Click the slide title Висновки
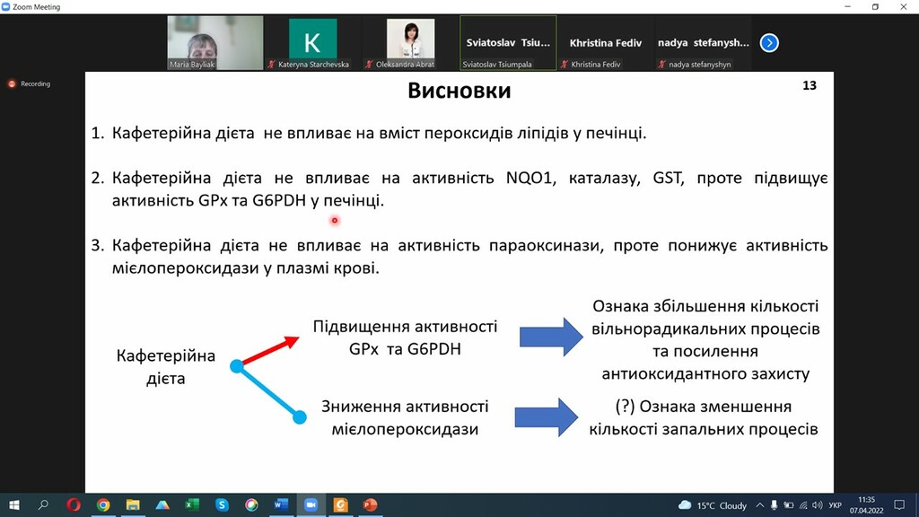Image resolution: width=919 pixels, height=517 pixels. point(459,91)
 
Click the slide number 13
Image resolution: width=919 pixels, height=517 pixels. point(810,85)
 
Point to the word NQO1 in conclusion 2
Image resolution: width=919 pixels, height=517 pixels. point(530,178)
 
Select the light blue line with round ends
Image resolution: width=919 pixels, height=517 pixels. point(267,391)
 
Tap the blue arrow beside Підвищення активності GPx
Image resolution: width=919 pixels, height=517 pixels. point(551,337)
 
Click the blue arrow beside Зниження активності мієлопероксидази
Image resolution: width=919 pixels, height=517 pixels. point(547,417)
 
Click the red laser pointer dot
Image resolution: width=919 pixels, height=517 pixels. point(335,221)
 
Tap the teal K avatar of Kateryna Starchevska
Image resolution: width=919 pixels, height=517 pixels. point(312,39)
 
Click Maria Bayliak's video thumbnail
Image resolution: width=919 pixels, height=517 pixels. point(215,43)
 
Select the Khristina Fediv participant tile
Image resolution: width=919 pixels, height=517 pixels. point(606,43)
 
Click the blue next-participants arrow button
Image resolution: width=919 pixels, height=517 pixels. point(769,43)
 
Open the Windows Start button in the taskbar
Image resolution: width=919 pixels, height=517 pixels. point(14,504)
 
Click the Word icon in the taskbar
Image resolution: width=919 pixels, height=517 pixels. point(281,504)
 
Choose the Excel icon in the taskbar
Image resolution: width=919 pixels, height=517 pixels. point(192,504)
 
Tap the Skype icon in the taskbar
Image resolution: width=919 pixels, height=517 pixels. point(222,504)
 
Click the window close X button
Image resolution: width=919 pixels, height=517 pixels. point(903,6)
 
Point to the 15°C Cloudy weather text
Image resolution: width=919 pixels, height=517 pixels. point(722,505)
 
